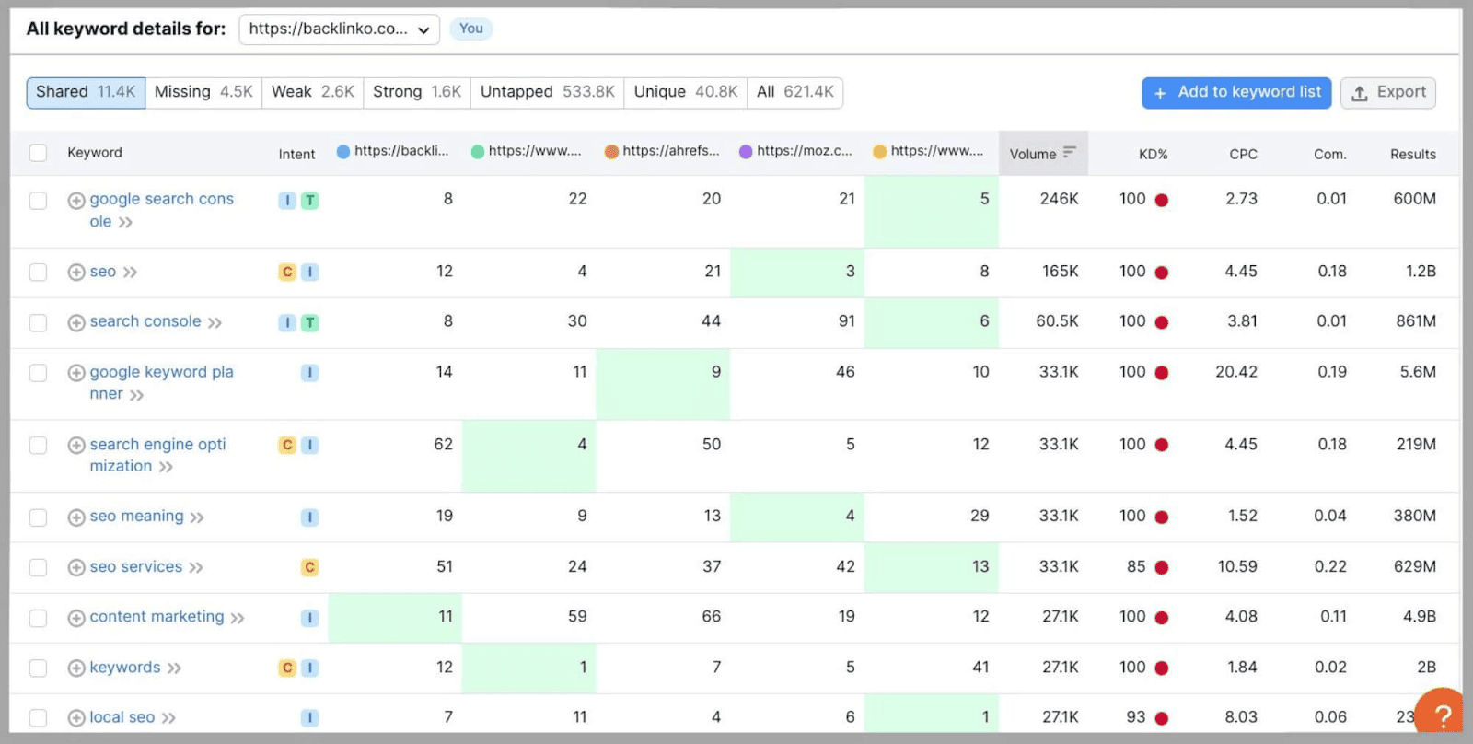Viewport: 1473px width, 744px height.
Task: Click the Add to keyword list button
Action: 1235,92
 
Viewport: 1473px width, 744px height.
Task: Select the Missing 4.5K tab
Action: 203,92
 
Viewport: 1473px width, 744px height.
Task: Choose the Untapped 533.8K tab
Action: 547,92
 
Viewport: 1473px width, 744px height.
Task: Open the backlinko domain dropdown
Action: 339,29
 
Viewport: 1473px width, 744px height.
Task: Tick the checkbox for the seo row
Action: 38,272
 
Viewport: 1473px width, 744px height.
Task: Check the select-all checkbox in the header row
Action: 38,153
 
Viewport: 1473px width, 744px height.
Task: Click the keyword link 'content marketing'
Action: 157,617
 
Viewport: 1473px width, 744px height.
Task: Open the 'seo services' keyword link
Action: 135,567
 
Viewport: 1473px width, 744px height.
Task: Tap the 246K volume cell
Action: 1059,199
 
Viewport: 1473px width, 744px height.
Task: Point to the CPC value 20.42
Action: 1235,372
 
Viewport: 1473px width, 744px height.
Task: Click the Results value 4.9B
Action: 1419,617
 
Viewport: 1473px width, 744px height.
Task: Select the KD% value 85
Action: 1136,567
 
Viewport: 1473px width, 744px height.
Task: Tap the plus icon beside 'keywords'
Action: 76,668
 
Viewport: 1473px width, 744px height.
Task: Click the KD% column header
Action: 1153,154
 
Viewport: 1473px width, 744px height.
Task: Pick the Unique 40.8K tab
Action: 685,92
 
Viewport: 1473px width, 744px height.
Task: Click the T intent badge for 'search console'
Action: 310,323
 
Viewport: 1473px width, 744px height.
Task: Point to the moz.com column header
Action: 797,151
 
